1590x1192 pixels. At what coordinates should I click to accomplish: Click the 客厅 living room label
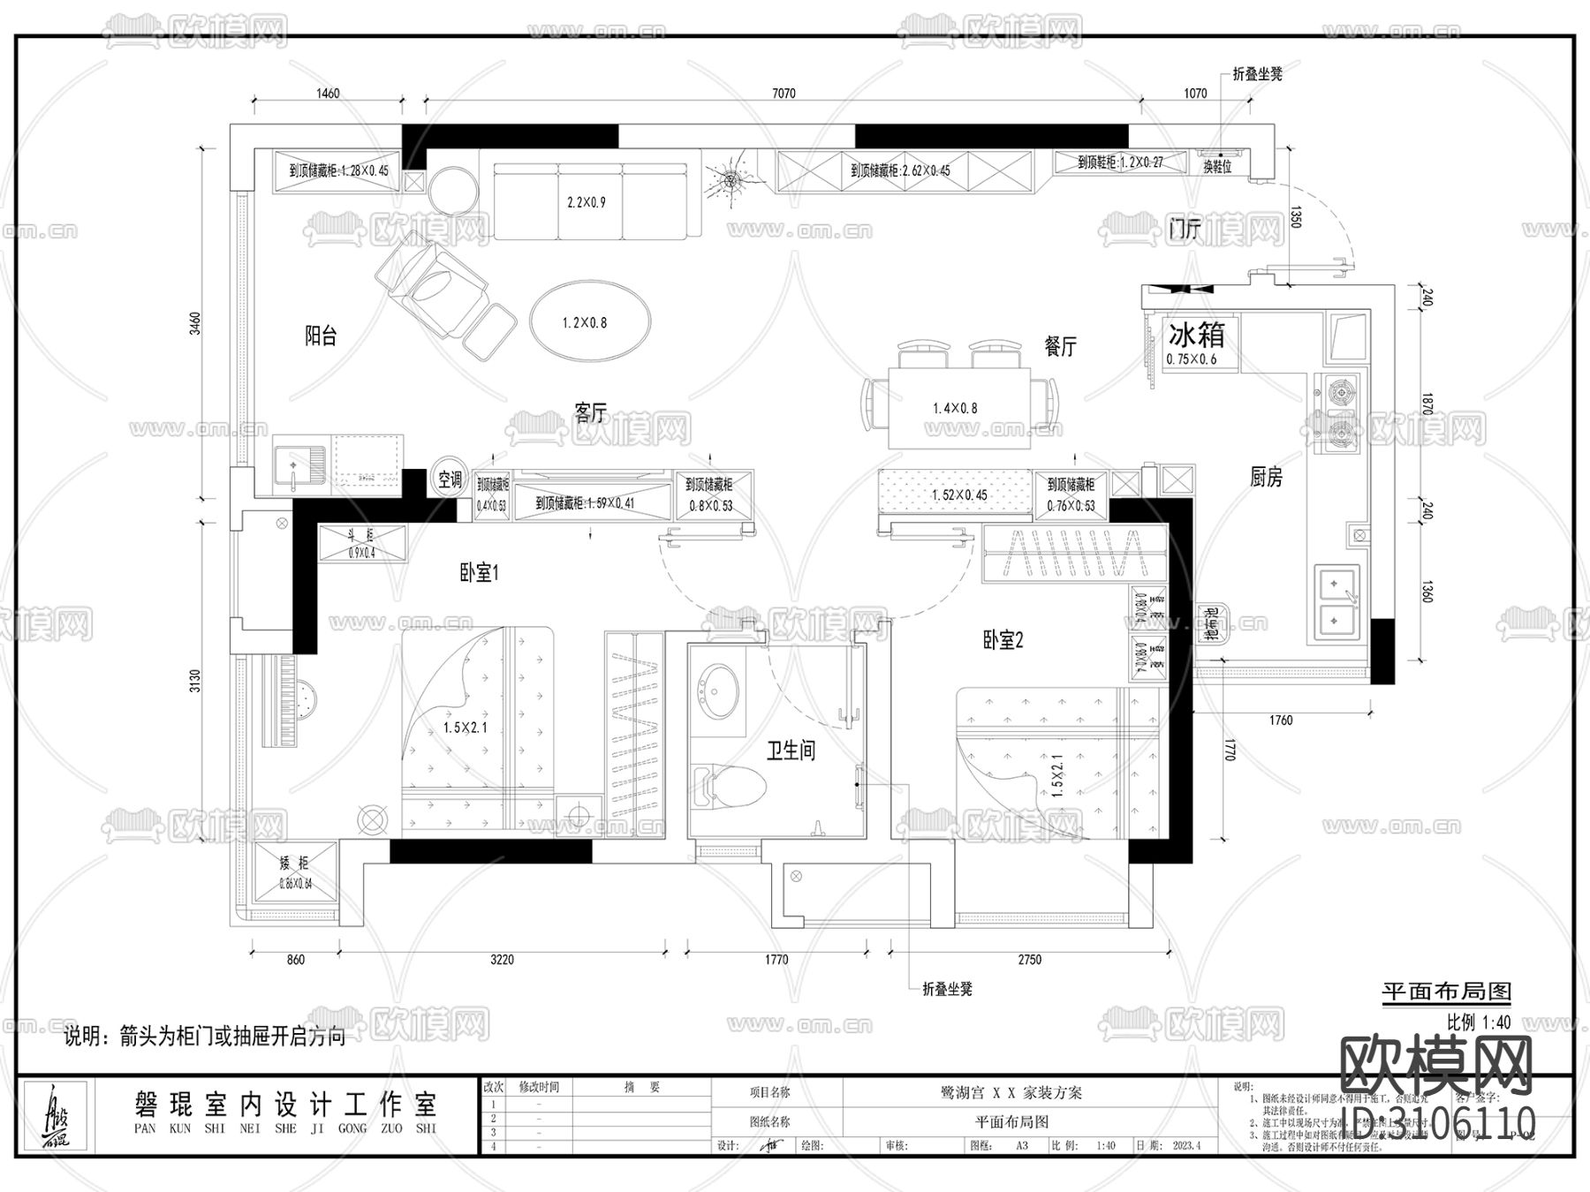(x=590, y=412)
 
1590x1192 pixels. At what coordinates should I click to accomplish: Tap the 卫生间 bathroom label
(x=791, y=751)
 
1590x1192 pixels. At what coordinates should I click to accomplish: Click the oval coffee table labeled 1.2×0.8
(x=590, y=321)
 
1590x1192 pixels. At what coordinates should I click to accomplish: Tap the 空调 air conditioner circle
(x=450, y=479)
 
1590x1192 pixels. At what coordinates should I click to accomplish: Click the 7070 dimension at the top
(x=784, y=94)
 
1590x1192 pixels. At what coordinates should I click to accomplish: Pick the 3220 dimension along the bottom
(x=502, y=960)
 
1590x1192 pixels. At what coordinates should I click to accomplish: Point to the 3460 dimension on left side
(x=196, y=322)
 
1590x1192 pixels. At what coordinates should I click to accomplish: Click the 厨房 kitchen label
(x=1266, y=478)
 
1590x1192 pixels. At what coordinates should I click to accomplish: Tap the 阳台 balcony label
(x=321, y=336)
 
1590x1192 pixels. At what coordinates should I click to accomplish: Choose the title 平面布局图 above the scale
(x=1446, y=992)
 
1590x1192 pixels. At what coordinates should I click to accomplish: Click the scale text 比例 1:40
(x=1478, y=1022)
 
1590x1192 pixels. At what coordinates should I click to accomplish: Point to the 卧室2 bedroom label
(x=1003, y=640)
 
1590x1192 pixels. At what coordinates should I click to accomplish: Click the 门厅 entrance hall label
(x=1184, y=230)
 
